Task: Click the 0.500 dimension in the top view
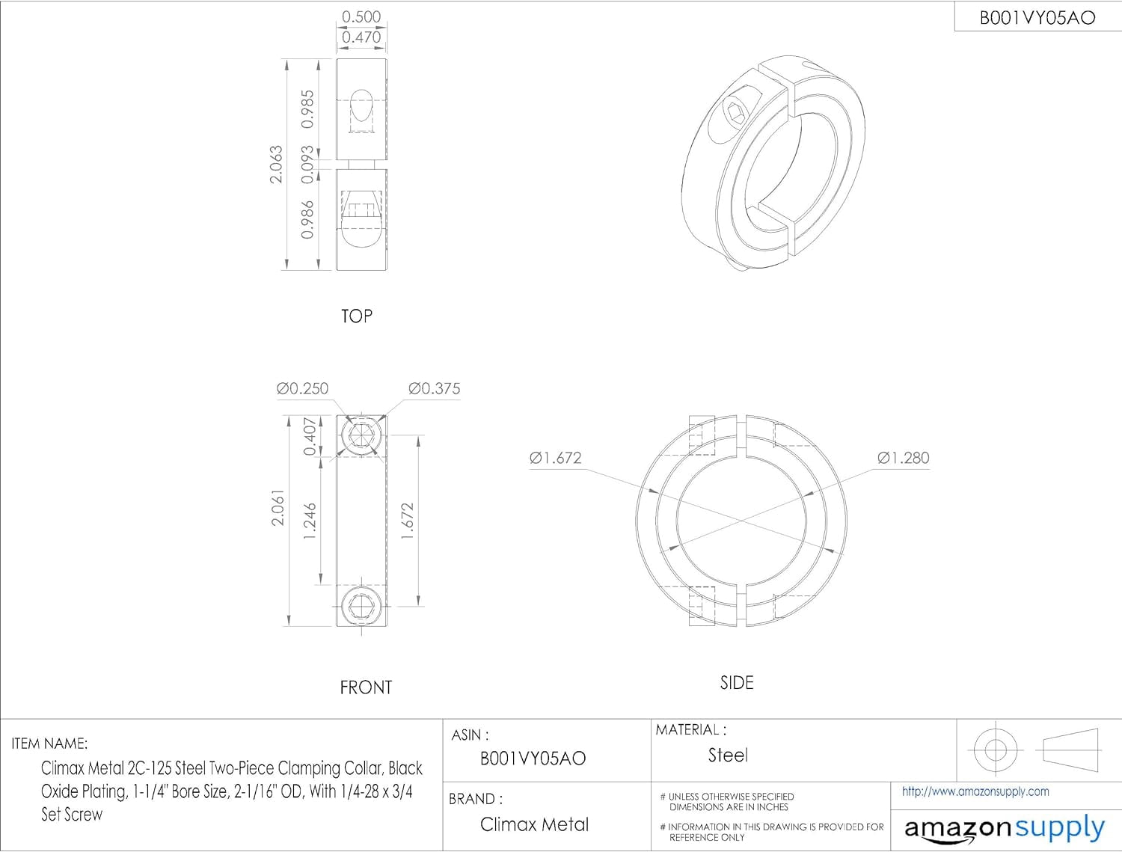(361, 17)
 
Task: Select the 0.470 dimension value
(361, 37)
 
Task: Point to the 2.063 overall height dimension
(276, 164)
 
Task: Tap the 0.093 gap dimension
(307, 165)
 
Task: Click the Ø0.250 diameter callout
(302, 388)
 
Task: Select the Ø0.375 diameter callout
(434, 388)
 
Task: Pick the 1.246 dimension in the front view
(310, 521)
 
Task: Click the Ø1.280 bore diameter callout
(904, 458)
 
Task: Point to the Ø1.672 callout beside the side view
(556, 458)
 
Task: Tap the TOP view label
(357, 316)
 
